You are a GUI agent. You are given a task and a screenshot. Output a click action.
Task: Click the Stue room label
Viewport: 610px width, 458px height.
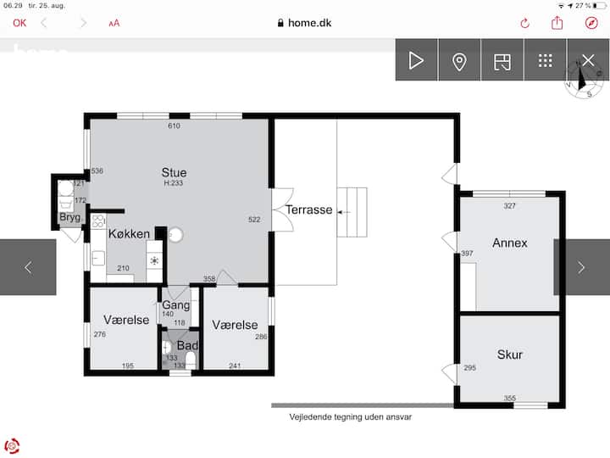coord(174,172)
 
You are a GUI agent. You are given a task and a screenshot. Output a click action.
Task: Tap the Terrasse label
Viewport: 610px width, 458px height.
coord(309,210)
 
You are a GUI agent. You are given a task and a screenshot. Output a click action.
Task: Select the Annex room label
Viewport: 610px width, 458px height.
coord(510,243)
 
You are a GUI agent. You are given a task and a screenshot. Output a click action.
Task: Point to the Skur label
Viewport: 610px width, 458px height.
coord(510,355)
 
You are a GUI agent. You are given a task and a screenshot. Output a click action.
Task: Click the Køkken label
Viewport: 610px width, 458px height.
coord(129,234)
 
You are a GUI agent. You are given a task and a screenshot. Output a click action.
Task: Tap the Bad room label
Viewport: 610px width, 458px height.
coord(187,345)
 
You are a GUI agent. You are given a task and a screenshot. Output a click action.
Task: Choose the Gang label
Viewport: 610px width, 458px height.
coord(176,305)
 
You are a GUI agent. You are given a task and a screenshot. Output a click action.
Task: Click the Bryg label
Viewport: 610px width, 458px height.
coord(70,217)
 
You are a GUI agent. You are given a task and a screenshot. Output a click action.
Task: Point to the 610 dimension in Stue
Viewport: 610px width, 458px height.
coord(174,126)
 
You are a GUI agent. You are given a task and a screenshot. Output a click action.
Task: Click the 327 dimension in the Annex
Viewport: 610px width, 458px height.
coord(510,206)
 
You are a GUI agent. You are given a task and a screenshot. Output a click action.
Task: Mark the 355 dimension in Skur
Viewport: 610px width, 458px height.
coord(510,398)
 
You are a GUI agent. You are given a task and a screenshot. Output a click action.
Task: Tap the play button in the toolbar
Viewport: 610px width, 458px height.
coord(416,60)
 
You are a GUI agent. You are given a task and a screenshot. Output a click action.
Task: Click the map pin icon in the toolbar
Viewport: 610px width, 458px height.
coord(459,62)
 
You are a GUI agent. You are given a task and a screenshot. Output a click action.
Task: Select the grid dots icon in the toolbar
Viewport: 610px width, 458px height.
coord(546,61)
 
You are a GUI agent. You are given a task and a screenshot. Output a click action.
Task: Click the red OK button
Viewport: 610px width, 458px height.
coord(19,24)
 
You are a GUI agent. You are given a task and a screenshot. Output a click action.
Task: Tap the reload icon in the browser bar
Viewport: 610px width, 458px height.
coord(524,24)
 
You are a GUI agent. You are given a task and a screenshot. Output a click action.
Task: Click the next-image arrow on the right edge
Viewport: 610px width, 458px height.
coord(581,267)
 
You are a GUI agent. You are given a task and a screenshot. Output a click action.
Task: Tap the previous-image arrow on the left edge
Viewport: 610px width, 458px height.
coord(28,267)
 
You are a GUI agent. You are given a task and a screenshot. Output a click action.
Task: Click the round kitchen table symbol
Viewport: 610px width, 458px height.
coord(175,235)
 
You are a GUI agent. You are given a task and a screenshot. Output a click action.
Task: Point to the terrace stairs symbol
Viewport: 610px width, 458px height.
coord(352,212)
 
